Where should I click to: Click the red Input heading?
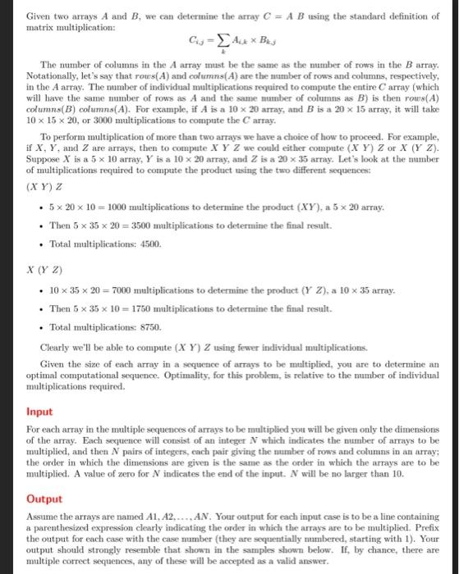39,411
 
